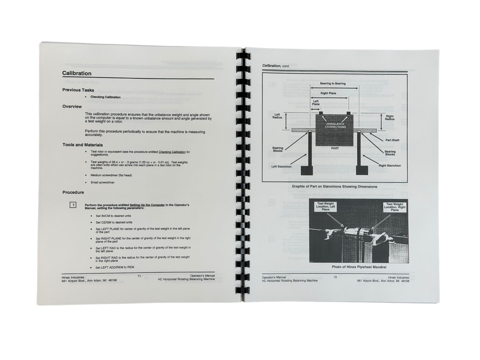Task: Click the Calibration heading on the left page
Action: pyautogui.click(x=77, y=73)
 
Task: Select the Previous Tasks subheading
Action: pyautogui.click(x=78, y=90)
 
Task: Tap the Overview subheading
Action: pyautogui.click(x=72, y=106)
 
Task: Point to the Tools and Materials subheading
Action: pyautogui.click(x=82, y=145)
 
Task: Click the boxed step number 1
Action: pyautogui.click(x=73, y=205)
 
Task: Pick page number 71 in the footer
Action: pyautogui.click(x=139, y=276)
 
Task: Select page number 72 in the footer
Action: pyautogui.click(x=335, y=277)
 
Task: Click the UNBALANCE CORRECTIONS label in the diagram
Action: pyautogui.click(x=335, y=126)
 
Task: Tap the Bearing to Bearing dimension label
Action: pyautogui.click(x=333, y=84)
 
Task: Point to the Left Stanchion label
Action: pyautogui.click(x=282, y=166)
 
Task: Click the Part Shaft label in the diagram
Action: pyautogui.click(x=392, y=140)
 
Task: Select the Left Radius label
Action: pyautogui.click(x=277, y=116)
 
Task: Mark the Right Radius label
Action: pyautogui.click(x=390, y=118)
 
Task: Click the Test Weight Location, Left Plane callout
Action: pyautogui.click(x=325, y=207)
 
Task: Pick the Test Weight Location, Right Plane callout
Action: pyautogui.click(x=394, y=207)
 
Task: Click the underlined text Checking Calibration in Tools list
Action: pyautogui.click(x=172, y=152)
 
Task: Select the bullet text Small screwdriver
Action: pyautogui.click(x=102, y=183)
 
